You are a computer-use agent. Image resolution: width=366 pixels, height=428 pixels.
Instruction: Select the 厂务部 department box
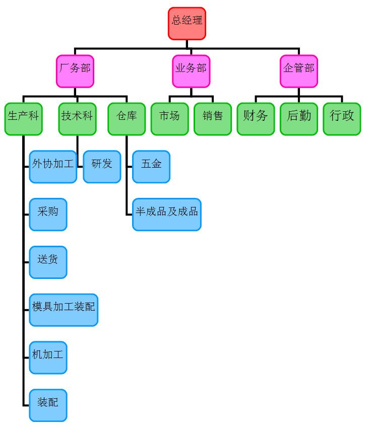75,71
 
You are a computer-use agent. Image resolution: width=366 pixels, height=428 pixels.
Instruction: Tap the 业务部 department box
191,71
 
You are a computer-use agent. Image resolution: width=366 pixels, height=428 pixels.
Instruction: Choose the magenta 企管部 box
299,71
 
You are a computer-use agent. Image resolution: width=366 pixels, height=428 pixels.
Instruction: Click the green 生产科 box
24,119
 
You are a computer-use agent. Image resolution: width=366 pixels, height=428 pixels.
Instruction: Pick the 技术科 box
77,119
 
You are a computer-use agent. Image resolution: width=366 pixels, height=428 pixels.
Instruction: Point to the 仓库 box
127,119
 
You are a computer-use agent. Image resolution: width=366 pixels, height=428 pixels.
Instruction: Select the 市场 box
169,119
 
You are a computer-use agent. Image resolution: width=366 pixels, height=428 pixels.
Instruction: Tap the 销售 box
213,119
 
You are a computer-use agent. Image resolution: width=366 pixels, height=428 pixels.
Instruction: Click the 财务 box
256,119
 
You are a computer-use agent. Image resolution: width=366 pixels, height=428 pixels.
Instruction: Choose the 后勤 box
299,119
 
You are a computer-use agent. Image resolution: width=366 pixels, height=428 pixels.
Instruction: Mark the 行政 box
342,119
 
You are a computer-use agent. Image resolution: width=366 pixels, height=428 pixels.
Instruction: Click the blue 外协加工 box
53,167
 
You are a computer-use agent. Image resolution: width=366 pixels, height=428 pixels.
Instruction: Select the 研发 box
102,167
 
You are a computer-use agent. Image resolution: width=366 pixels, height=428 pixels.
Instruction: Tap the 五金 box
151,167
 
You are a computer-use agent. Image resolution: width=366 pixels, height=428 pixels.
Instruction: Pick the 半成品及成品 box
167,215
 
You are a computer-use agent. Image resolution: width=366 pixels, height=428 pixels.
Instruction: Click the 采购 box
48,215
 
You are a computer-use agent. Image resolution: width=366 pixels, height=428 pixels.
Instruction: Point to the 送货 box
48,262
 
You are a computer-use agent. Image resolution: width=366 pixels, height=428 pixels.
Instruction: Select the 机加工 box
48,358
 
